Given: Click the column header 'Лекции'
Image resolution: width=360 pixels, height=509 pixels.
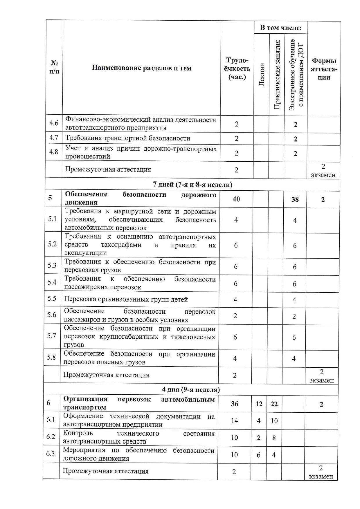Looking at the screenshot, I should click(262, 74).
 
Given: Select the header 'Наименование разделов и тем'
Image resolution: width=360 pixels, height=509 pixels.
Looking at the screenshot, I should click(142, 68).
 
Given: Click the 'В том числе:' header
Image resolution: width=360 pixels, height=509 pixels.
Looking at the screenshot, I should click(280, 28).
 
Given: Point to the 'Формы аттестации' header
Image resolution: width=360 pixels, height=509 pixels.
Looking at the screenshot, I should click(324, 69).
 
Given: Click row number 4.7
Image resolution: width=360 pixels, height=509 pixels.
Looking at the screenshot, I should click(54, 138).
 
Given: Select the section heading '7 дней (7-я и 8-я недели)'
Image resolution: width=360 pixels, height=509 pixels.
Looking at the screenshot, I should click(192, 185).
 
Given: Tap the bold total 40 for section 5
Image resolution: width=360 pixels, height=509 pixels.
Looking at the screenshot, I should click(236, 199).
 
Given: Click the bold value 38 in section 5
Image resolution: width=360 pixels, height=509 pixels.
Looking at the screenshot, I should click(295, 199).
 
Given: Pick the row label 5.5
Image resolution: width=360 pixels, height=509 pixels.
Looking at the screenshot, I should click(52, 299).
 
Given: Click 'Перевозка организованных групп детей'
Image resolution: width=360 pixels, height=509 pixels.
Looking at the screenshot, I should click(126, 299).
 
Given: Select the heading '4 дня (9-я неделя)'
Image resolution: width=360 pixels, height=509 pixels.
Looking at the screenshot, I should click(191, 389).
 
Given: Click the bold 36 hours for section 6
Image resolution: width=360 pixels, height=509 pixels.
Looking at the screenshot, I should click(235, 404).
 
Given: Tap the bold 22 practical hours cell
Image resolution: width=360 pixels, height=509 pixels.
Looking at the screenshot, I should click(274, 404).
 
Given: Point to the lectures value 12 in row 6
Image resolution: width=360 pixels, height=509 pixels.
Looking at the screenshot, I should click(259, 404).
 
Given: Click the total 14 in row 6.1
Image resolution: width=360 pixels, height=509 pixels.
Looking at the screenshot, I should click(235, 420).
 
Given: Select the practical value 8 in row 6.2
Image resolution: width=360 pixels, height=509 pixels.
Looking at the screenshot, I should click(274, 438).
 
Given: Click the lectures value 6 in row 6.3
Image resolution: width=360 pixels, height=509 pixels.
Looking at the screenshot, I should click(259, 455).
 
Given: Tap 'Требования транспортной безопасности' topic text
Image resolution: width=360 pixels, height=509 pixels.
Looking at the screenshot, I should click(128, 138).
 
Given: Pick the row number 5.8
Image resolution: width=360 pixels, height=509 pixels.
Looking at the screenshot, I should click(52, 357).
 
